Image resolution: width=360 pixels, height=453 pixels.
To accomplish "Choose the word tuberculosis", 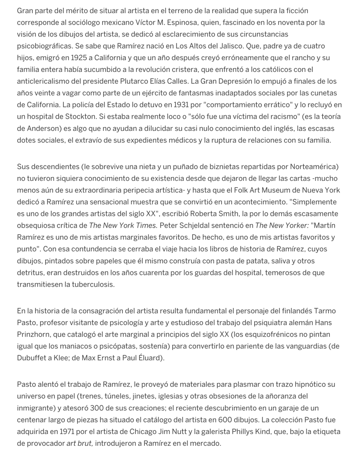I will (x=90, y=284).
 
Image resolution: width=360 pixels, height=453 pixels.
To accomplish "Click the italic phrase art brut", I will (x=80, y=443).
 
